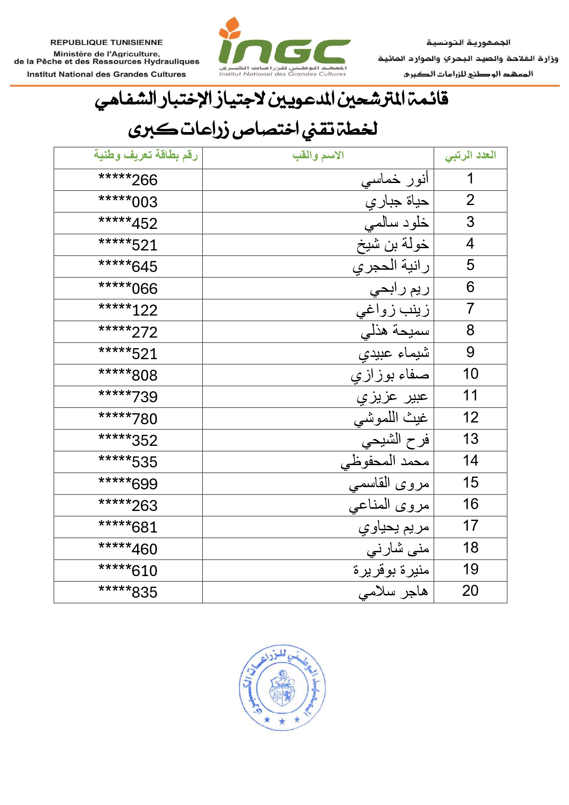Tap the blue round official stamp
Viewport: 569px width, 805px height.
point(282,687)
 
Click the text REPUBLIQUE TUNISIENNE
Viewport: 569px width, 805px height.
point(106,42)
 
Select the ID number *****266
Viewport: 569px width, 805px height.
point(128,180)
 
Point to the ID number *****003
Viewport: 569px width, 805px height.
point(128,201)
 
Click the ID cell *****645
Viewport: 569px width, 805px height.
point(128,266)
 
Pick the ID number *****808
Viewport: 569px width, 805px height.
point(128,375)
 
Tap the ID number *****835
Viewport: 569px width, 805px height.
point(128,592)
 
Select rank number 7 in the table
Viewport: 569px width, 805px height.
point(470,309)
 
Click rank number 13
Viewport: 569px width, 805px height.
point(470,439)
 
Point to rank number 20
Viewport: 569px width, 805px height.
point(470,591)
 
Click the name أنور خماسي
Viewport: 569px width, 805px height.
point(395,179)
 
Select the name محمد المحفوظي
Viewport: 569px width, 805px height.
point(385,461)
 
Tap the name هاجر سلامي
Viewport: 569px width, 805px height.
point(393,592)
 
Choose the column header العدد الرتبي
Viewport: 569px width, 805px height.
point(470,156)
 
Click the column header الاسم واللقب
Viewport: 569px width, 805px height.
point(318,156)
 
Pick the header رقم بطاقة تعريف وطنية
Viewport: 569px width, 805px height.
point(146,155)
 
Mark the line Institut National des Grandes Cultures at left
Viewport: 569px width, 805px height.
point(106,74)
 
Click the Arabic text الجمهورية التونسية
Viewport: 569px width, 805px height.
point(468,43)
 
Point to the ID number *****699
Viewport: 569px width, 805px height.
point(128,484)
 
